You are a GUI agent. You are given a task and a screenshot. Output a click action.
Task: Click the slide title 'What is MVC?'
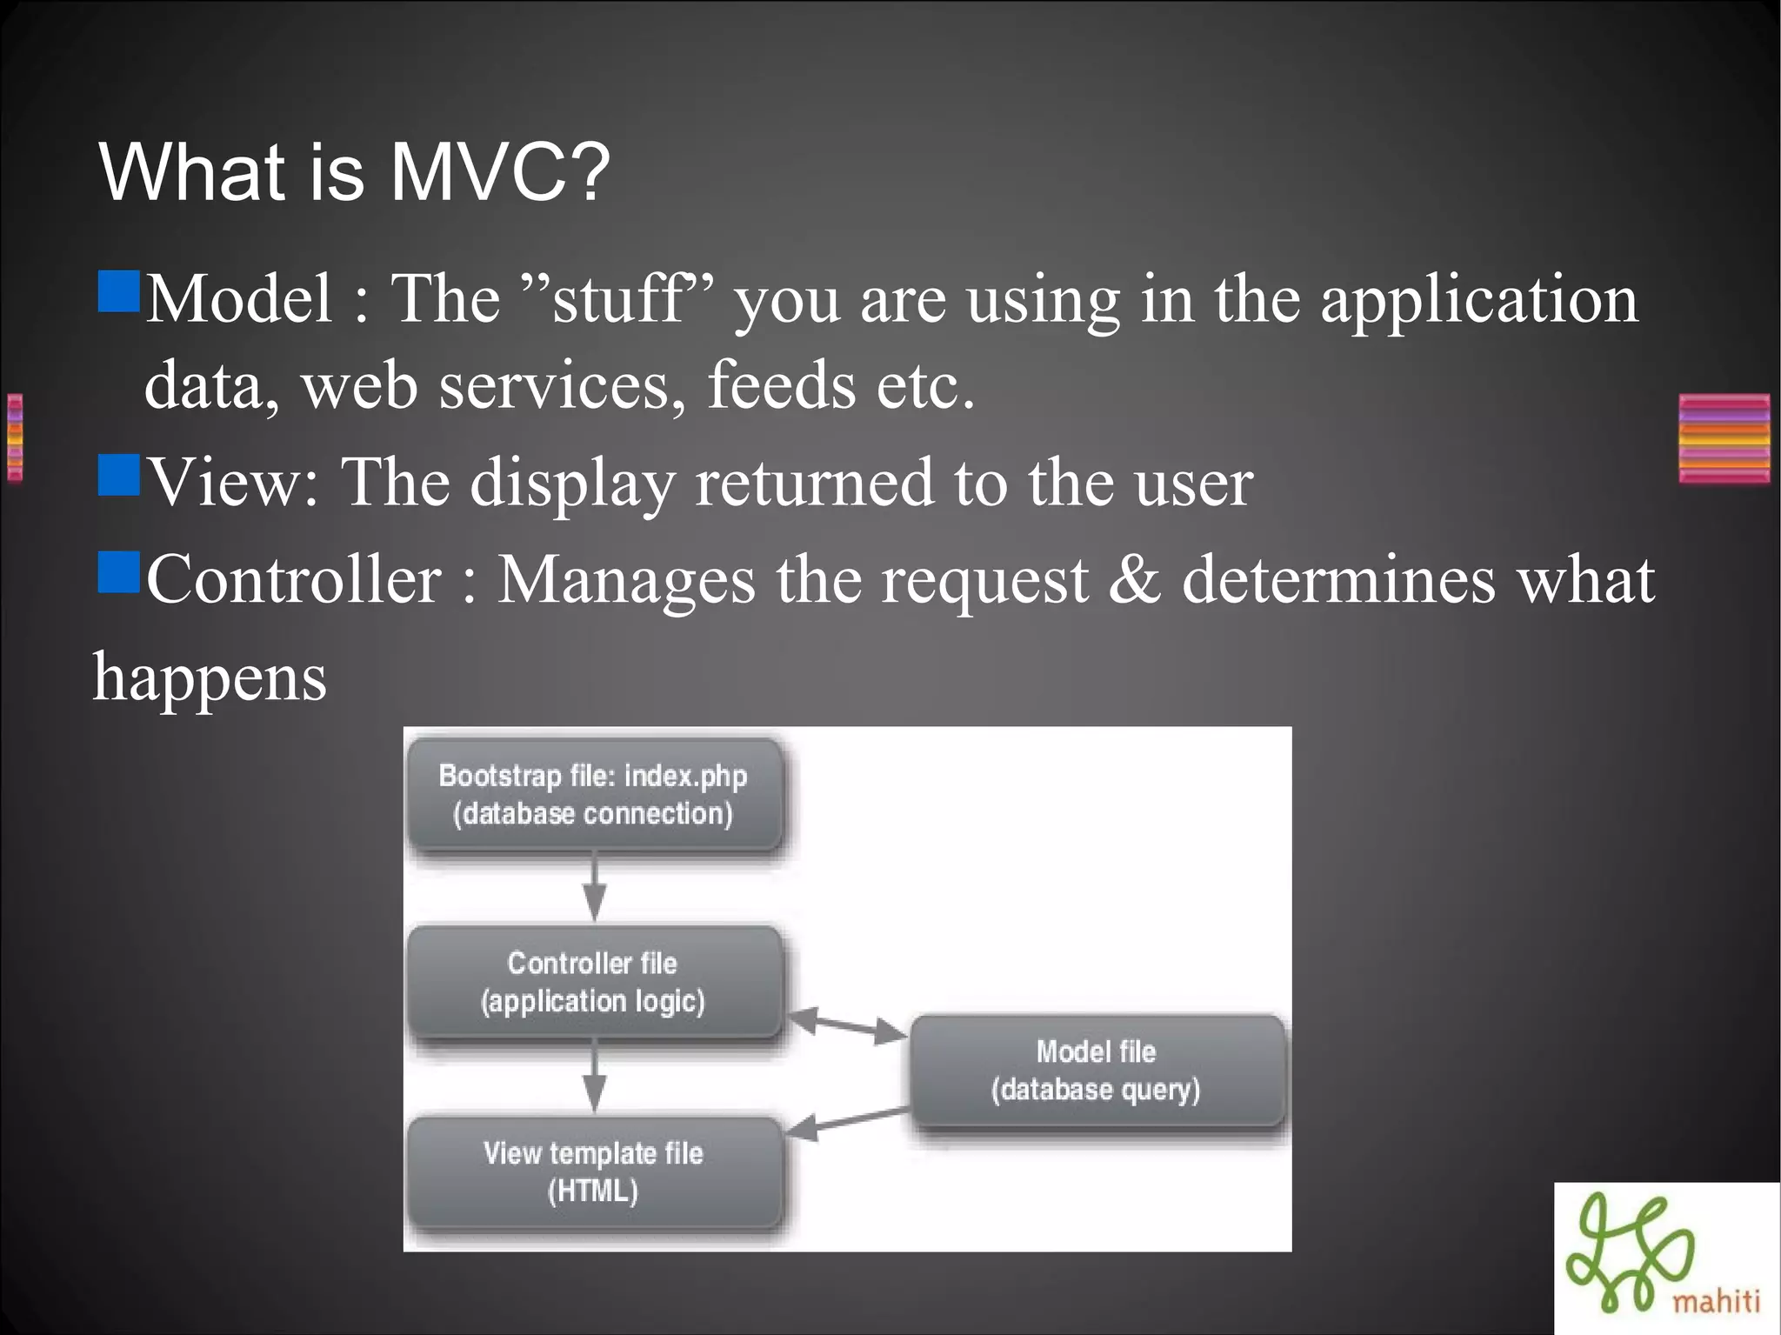pos(355,171)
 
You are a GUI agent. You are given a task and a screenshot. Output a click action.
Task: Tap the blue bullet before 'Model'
pos(119,291)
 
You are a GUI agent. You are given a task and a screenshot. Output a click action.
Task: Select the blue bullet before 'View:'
pos(119,475)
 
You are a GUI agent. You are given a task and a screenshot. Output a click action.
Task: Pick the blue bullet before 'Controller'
pos(119,571)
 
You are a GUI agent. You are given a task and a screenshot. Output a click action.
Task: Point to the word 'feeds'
pos(781,385)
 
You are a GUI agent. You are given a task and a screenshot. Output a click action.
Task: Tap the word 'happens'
pos(210,678)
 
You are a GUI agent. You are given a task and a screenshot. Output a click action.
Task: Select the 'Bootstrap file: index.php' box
pos(594,794)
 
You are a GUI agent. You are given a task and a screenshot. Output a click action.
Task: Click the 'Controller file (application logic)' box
pos(594,982)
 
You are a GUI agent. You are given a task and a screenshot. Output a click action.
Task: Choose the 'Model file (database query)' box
pos(1096,1071)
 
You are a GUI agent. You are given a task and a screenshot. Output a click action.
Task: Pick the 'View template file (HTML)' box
pos(594,1171)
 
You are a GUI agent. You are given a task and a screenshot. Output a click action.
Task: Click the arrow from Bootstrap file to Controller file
pos(595,887)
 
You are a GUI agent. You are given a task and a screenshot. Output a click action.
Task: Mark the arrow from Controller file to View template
pos(595,1077)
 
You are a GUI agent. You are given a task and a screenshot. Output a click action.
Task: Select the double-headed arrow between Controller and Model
pos(846,1025)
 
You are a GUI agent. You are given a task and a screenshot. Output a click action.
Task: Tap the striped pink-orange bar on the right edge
pos(1724,438)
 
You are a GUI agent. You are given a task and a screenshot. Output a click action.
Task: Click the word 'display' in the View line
pos(572,484)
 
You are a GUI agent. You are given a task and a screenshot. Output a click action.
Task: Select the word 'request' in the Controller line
pos(984,580)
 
